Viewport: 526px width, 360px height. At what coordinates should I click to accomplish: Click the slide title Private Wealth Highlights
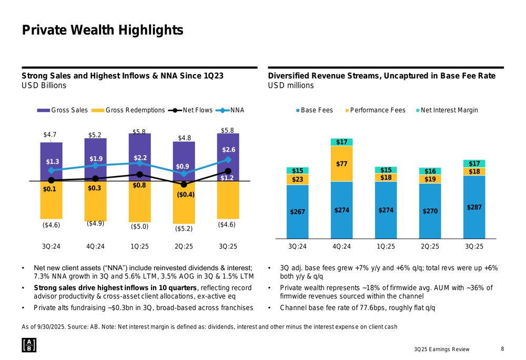tap(102, 30)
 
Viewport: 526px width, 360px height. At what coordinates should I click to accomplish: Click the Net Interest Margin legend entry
tap(449, 110)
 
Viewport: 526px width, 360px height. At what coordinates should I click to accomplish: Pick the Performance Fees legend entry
tap(378, 110)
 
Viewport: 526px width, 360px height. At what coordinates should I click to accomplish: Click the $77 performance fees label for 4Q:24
tap(341, 164)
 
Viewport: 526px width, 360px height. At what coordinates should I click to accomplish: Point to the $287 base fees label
tap(474, 208)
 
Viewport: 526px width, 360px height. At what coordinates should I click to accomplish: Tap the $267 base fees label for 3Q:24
tap(297, 212)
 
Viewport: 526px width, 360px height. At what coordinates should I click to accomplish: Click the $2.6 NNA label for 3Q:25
tap(228, 150)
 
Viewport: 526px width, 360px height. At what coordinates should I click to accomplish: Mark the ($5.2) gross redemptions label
tap(184, 229)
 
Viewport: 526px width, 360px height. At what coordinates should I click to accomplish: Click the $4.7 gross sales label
tap(50, 135)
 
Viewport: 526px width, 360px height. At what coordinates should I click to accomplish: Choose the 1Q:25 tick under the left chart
tap(139, 246)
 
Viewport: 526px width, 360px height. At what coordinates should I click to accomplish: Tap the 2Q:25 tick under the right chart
tap(430, 246)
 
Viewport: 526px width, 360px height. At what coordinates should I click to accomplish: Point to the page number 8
tap(502, 348)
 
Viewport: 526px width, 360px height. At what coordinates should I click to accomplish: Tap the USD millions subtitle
tap(291, 86)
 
